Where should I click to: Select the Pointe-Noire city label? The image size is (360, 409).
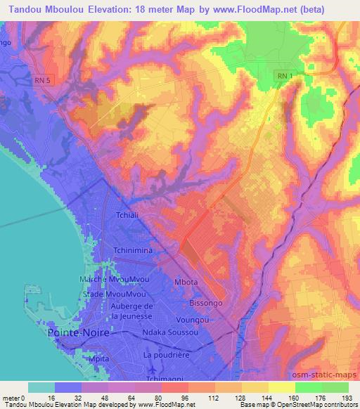[77, 332]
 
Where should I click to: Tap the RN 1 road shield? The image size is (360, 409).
[283, 75]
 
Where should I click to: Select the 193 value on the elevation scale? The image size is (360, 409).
[349, 397]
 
